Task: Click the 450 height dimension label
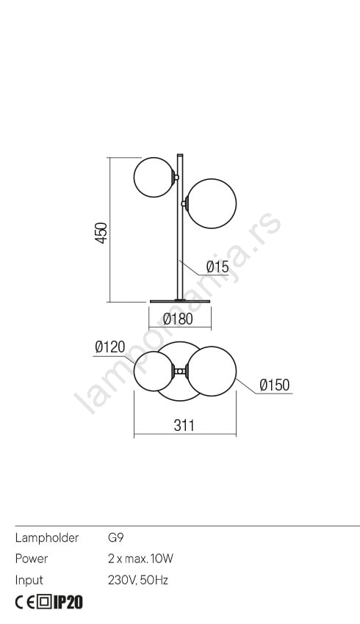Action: (x=101, y=233)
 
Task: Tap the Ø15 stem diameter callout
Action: (x=217, y=266)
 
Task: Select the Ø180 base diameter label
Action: (x=178, y=319)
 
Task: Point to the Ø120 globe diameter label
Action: (x=110, y=347)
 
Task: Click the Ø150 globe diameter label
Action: (x=274, y=385)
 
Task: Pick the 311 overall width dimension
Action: (x=184, y=425)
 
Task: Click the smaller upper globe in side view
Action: (x=154, y=177)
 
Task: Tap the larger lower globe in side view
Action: (x=212, y=203)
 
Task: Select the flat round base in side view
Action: (x=180, y=301)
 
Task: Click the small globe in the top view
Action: (x=154, y=371)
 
